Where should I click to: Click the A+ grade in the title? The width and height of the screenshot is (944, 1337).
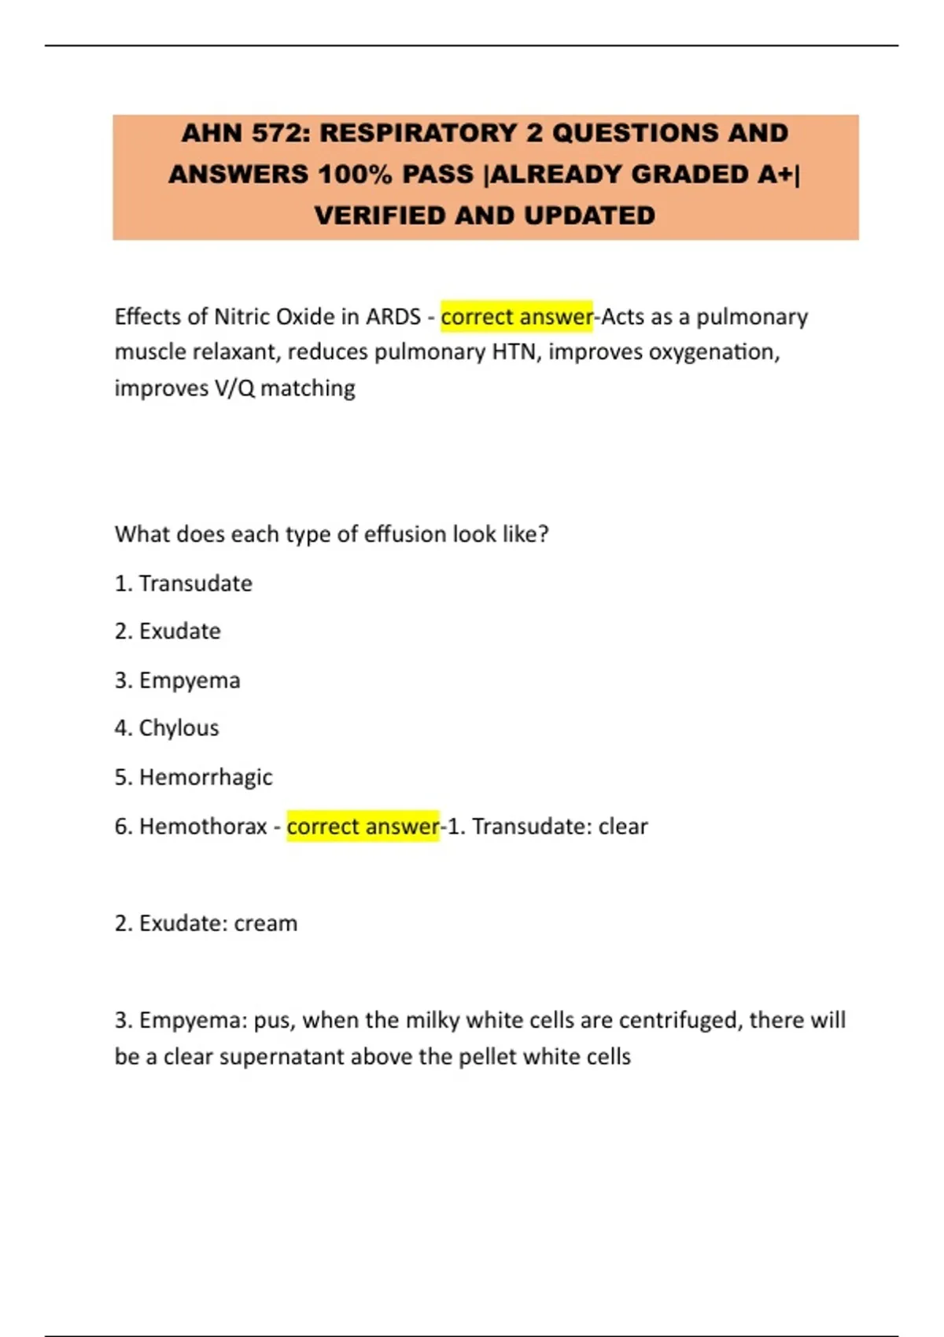(x=775, y=175)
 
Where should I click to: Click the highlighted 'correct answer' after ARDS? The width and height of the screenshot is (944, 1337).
(x=516, y=317)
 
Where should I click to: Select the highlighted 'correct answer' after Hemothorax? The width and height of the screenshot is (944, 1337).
(x=363, y=827)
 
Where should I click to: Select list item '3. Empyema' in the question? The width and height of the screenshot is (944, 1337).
(x=178, y=680)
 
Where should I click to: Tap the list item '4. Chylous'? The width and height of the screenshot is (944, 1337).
(x=167, y=728)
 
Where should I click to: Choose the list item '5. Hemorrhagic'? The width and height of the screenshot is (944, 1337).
(x=194, y=777)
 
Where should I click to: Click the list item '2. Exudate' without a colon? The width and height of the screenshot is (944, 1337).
(x=168, y=632)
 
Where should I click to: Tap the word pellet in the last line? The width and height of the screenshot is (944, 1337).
(x=488, y=1056)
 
